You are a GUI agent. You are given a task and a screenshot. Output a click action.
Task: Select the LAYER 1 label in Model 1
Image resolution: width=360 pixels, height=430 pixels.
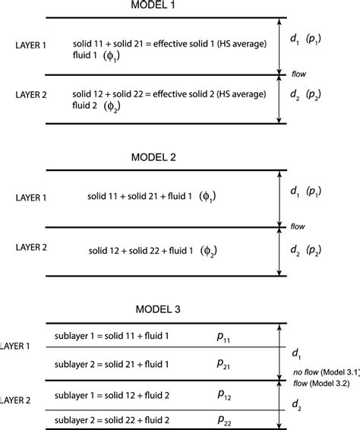coord(26,46)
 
